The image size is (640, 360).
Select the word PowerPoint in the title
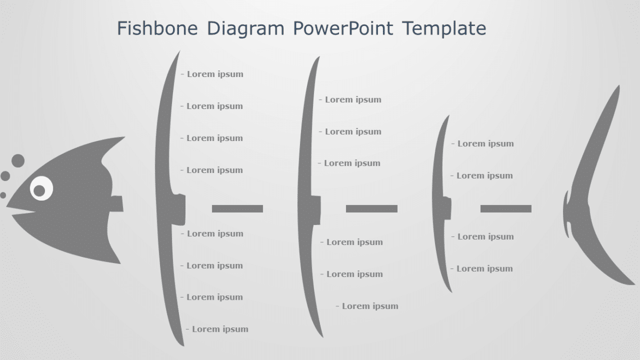point(343,28)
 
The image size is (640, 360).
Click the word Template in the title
point(444,28)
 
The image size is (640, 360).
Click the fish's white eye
point(40,189)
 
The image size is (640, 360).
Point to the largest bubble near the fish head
point(18,160)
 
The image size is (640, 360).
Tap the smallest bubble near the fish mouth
point(3,195)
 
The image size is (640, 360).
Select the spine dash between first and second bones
point(237,208)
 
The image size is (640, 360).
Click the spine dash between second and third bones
point(372,208)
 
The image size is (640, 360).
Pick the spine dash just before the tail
point(505,208)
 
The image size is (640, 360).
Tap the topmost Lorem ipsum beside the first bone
point(215,74)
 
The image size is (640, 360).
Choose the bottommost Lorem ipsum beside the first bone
point(220,329)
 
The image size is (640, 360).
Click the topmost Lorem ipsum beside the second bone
point(353,100)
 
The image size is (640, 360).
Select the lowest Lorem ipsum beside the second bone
point(370,306)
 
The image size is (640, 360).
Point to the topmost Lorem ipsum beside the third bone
point(485,144)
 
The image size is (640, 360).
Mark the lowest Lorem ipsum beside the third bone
point(484,269)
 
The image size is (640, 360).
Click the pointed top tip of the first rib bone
point(178,52)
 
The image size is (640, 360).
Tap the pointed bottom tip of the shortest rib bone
point(451,291)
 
